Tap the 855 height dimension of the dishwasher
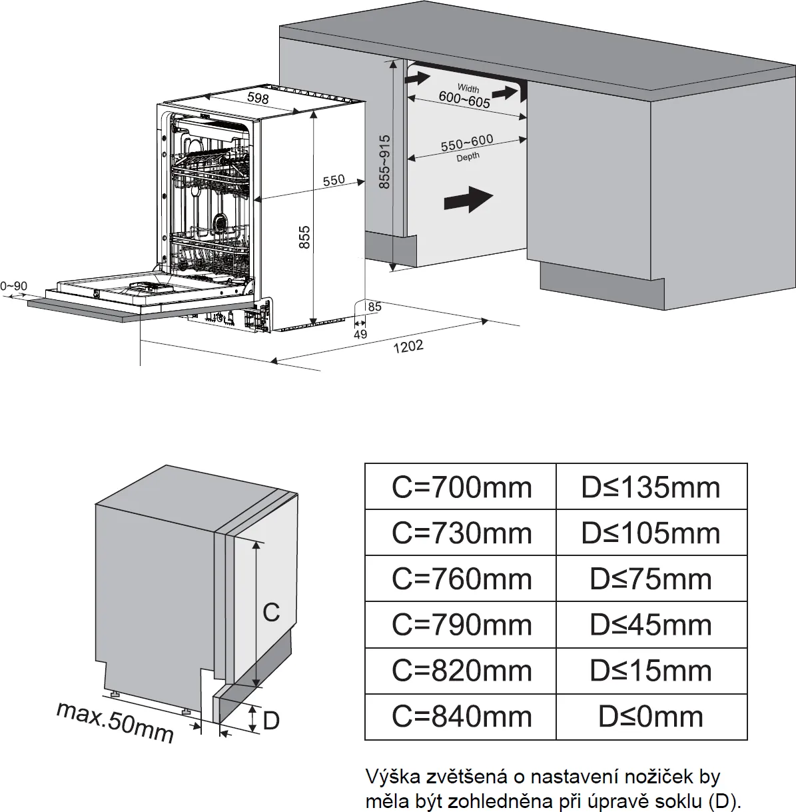[304, 238]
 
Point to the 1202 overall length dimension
[408, 347]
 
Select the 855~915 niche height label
[384, 162]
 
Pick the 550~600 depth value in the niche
[467, 143]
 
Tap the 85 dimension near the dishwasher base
[374, 307]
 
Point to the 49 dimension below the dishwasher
[360, 334]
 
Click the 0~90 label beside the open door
[13, 286]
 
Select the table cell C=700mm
[461, 487]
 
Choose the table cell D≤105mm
[651, 533]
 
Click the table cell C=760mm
[461, 579]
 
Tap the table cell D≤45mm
[651, 625]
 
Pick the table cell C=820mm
[461, 670]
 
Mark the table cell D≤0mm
[651, 717]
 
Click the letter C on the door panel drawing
[271, 612]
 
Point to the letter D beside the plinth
[271, 721]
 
